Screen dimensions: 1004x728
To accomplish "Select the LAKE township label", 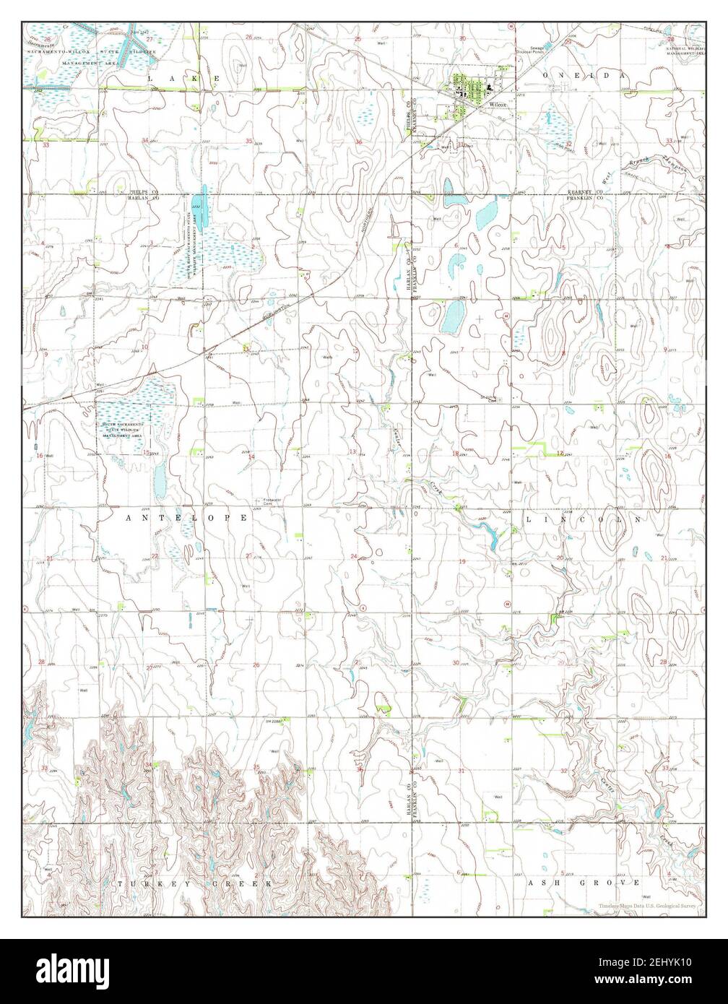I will coord(183,77).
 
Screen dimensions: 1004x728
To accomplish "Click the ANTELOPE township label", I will coord(186,518).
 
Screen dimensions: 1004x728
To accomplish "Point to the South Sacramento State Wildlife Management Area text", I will coord(123,430).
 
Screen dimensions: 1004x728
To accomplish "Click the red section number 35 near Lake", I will coord(249,141).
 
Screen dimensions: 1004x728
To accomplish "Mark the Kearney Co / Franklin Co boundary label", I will coord(584,194).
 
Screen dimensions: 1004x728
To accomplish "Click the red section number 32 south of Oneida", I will coord(568,144).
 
